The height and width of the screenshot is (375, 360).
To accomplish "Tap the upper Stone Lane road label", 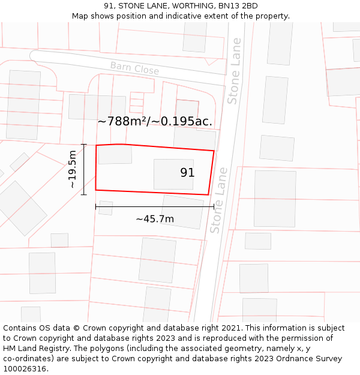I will (234, 71).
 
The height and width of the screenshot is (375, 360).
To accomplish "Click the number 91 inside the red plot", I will (187, 173).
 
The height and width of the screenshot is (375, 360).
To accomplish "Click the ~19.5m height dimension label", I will (73, 169).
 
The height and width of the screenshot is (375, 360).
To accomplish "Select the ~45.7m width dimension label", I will (155, 219).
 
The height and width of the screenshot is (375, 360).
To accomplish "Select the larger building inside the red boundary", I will (173, 175).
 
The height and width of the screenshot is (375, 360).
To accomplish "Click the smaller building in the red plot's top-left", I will (115, 154).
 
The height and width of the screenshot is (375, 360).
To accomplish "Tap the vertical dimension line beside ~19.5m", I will (84, 169).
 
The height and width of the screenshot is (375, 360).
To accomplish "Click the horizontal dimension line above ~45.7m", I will (155, 207).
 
